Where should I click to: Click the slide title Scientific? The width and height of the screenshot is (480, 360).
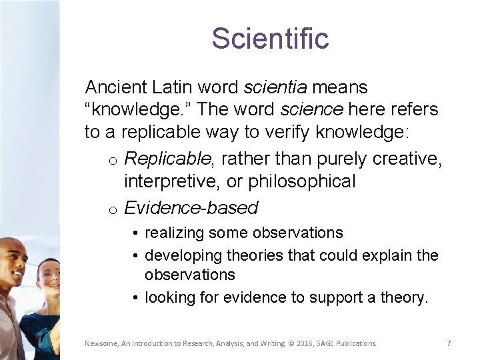tap(270, 39)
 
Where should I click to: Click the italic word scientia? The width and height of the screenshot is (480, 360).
tap(275, 87)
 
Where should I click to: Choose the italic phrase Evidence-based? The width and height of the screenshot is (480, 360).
tap(191, 208)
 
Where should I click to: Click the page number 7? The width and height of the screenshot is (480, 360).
tap(449, 343)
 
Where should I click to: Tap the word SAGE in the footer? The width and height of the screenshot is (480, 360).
tap(333, 343)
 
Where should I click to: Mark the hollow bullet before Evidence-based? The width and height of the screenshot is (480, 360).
tap(114, 209)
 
